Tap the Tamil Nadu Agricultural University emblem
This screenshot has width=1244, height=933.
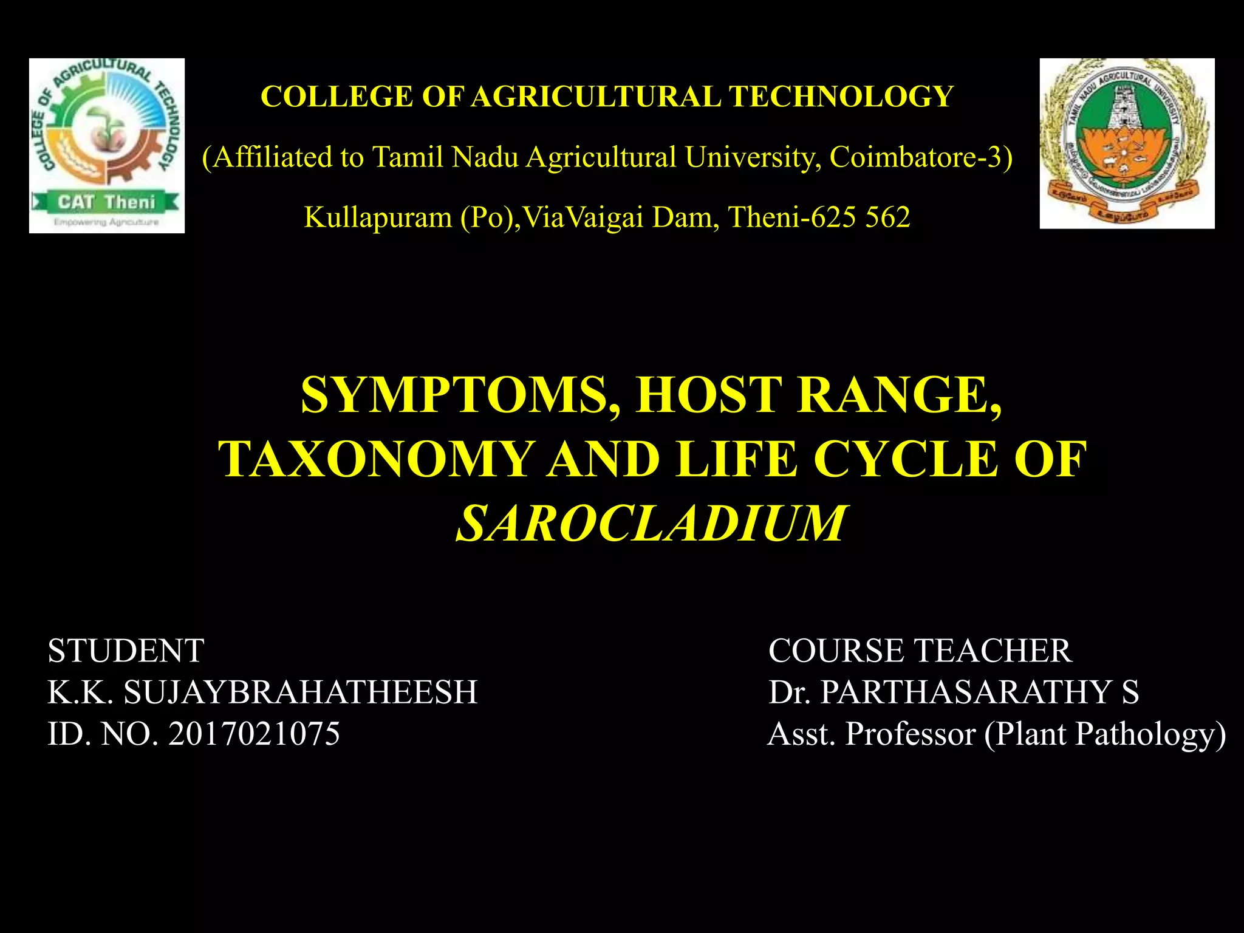(1127, 143)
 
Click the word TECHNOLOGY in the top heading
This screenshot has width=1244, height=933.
(841, 97)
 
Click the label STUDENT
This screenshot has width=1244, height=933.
(126, 651)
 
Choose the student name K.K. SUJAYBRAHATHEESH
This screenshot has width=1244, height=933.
(262, 692)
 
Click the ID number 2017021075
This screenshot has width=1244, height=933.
(254, 733)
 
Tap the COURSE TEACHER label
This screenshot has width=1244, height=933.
(920, 651)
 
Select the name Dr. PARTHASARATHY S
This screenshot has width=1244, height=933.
(953, 692)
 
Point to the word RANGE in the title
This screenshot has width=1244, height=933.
(898, 395)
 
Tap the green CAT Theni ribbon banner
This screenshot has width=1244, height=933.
(106, 202)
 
